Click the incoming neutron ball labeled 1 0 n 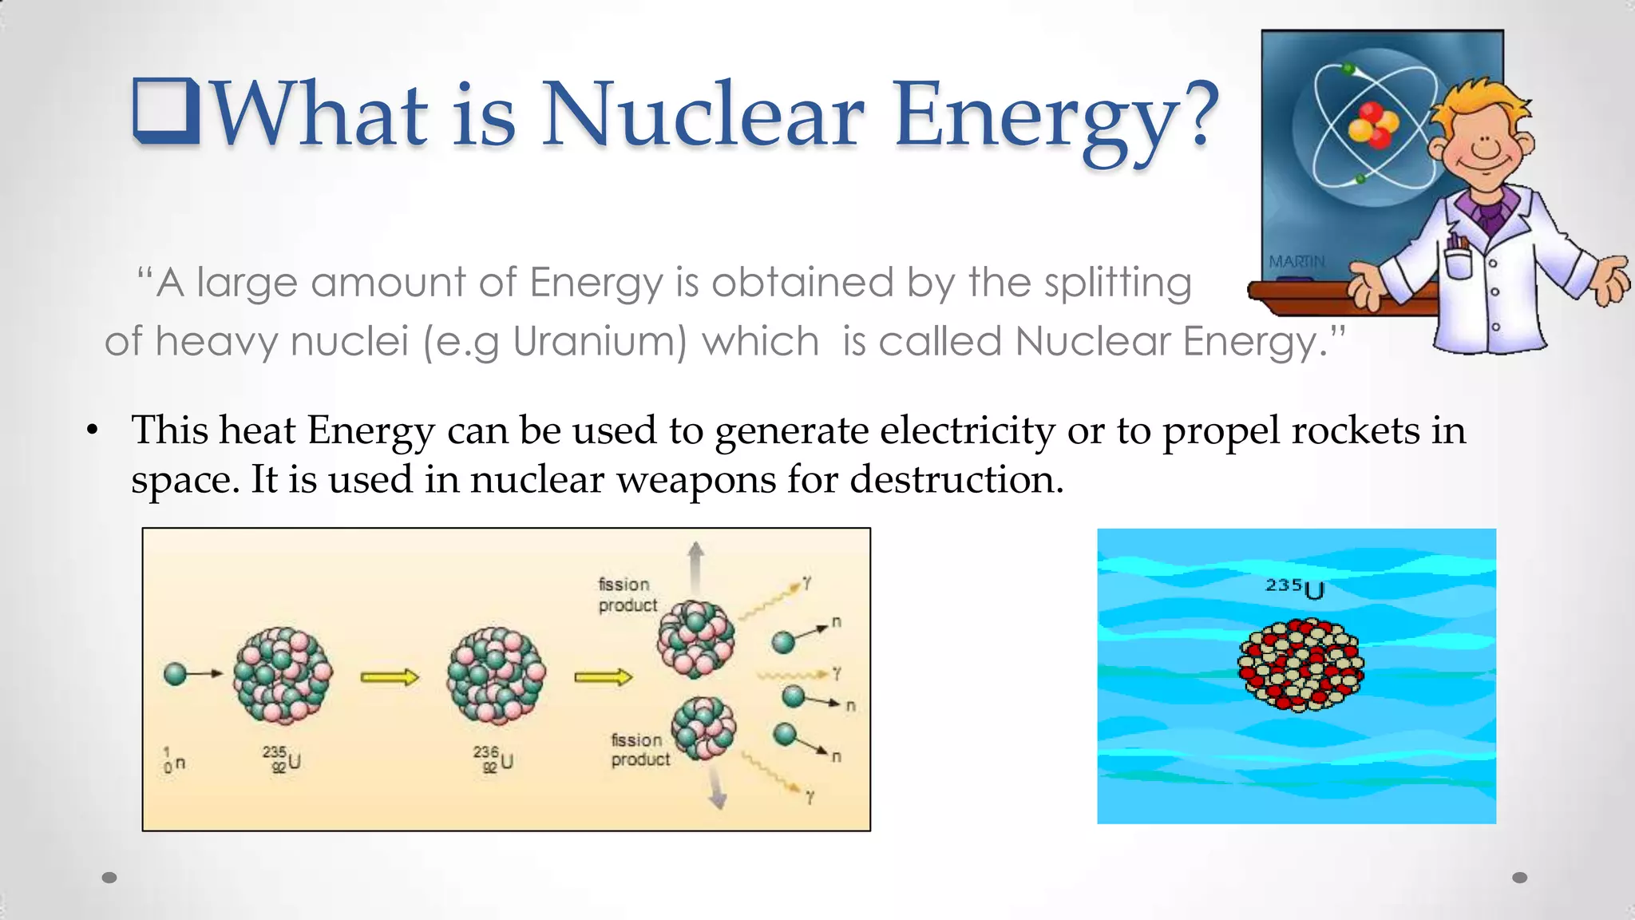click(175, 674)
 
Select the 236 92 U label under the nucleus click(493, 759)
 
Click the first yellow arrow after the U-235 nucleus click(389, 678)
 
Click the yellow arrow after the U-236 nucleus click(603, 678)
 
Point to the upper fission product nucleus click(695, 639)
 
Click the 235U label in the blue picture click(1295, 588)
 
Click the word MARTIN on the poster click(1297, 262)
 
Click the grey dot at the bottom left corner click(109, 878)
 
